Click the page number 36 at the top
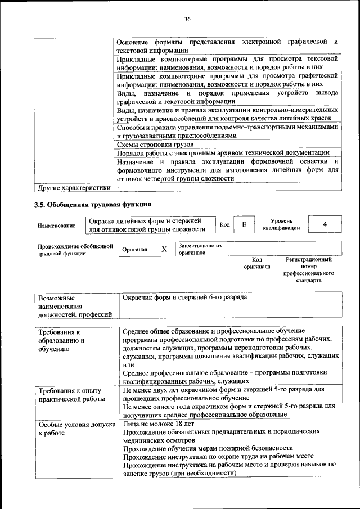188,20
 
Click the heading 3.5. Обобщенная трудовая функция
93,204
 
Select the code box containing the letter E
244,224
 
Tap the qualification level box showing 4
325,224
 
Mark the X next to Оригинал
164,249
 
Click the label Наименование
56,226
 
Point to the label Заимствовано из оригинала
200,249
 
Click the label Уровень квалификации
285,224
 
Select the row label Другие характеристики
73,187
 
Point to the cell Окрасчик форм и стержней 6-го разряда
184,297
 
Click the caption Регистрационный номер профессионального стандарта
308,269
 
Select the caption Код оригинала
256,263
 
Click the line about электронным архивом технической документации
223,153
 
